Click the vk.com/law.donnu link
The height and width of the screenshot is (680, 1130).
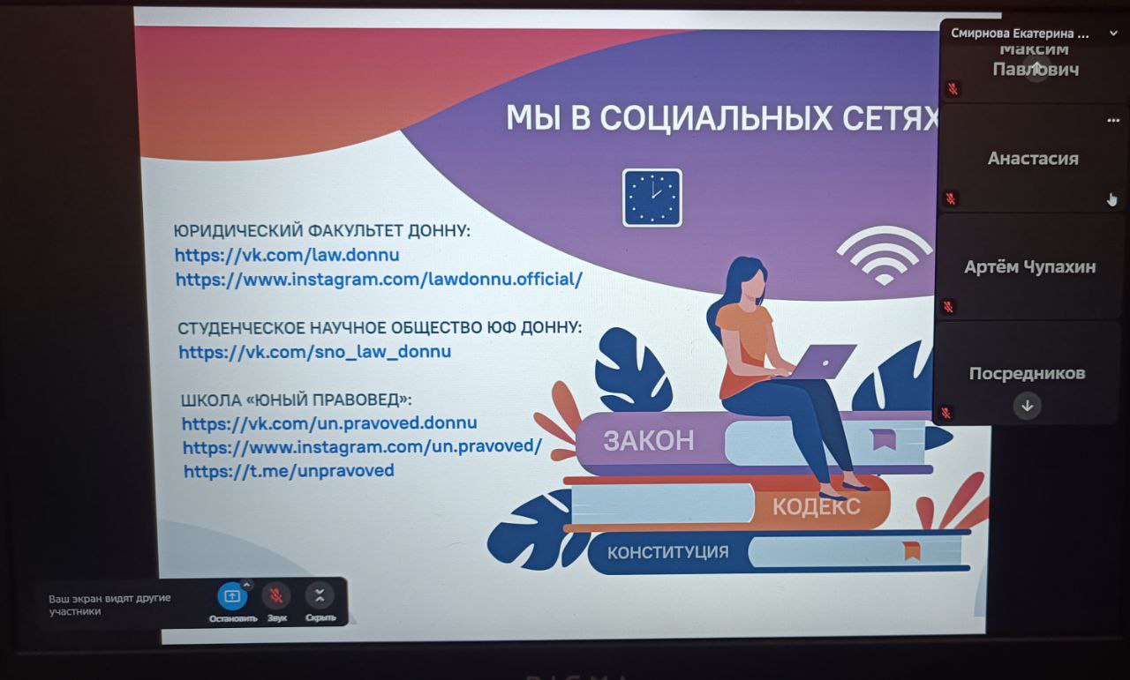tap(287, 255)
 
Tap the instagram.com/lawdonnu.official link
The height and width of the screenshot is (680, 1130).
tap(379, 280)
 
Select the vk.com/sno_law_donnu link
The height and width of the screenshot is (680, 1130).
tap(315, 352)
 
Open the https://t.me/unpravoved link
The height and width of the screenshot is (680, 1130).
tap(289, 471)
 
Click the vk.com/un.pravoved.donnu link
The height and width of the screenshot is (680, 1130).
tap(329, 423)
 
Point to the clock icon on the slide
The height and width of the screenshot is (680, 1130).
tap(652, 198)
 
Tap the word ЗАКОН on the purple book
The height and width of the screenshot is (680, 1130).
tap(648, 441)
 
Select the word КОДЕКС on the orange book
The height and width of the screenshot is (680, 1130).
tap(817, 506)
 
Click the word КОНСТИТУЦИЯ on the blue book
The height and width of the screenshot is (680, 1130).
tap(668, 552)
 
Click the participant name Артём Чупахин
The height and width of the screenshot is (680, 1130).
tap(1029, 266)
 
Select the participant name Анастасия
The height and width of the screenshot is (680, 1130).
tap(1033, 159)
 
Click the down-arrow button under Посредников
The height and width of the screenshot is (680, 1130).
tap(1027, 407)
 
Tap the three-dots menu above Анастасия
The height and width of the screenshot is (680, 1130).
tap(1113, 121)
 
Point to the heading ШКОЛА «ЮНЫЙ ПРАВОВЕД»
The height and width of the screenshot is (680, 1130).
tap(296, 400)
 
